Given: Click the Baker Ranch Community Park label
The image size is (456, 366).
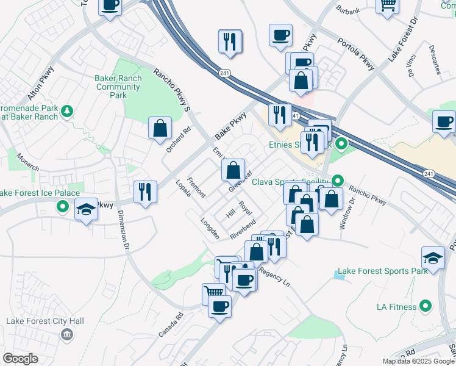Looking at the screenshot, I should (119, 87).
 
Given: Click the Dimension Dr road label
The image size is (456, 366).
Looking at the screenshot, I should (124, 230).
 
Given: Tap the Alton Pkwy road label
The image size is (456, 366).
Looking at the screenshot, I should (41, 84).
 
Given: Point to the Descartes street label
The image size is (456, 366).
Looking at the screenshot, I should (435, 59).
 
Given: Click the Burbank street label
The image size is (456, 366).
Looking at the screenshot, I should (348, 10).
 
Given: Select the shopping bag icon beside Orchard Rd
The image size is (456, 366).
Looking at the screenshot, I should (160, 128).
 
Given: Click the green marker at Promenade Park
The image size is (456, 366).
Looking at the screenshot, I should (67, 110).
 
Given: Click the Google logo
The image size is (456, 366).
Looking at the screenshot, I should (21, 359).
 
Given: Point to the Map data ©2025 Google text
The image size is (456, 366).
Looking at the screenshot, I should (418, 361).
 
